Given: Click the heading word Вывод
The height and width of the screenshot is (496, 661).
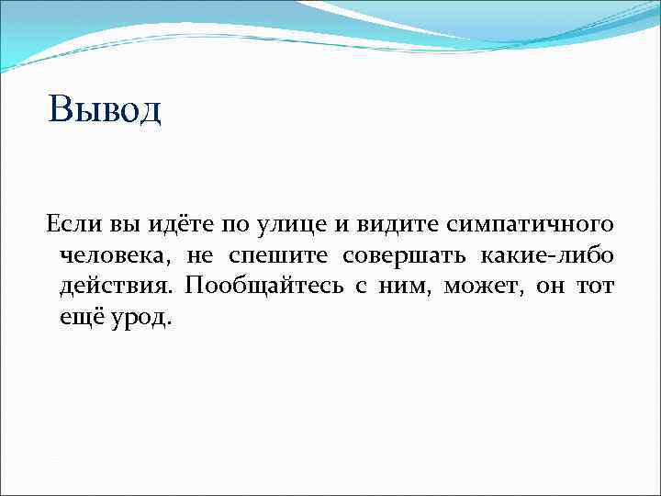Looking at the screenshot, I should coord(105,109).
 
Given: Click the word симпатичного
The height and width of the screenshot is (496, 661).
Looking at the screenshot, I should coord(530,225).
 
